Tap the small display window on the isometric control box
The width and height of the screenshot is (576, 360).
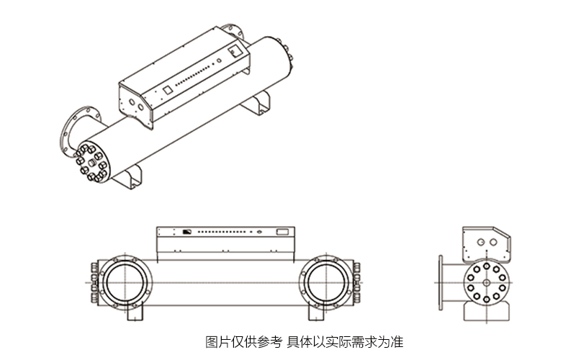[x=166, y=91]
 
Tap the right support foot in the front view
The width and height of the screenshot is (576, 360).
[x=320, y=315]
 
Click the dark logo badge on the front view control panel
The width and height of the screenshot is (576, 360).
[x=186, y=232]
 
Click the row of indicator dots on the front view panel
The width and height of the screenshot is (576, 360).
[x=223, y=232]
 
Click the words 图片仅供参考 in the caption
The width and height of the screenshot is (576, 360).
[x=243, y=341]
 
